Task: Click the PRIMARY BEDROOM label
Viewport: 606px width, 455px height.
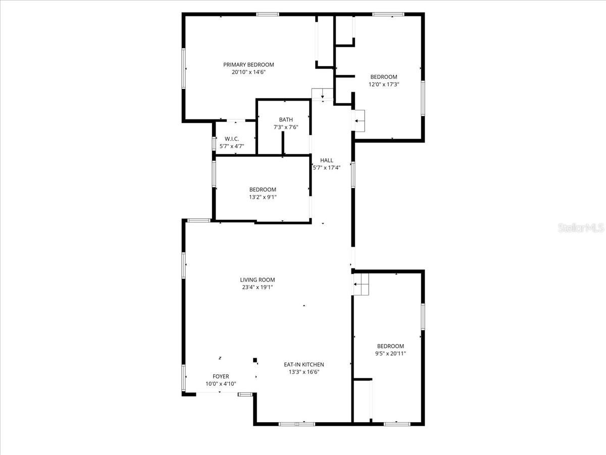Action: click(x=248, y=65)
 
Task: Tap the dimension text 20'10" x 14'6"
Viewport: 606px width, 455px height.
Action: click(x=248, y=72)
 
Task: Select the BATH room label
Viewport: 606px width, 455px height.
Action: click(x=286, y=120)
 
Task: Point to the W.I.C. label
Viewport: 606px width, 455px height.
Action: click(x=232, y=139)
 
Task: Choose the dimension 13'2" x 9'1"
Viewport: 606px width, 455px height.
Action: click(x=263, y=197)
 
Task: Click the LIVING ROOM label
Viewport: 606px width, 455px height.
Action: click(x=258, y=280)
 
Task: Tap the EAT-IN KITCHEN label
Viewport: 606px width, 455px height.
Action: click(x=304, y=365)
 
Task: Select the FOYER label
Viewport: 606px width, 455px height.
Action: click(x=221, y=377)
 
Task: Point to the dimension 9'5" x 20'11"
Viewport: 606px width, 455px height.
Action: click(x=390, y=354)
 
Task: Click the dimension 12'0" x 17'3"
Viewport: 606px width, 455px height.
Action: click(x=384, y=84)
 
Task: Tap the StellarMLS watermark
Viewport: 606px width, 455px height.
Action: click(x=580, y=229)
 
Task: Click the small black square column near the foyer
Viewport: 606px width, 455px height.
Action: click(x=255, y=360)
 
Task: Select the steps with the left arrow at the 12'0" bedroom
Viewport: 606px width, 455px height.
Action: click(x=359, y=121)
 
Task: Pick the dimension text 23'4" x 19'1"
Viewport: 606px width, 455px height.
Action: click(x=258, y=287)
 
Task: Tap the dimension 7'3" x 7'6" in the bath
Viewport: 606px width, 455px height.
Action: click(x=286, y=127)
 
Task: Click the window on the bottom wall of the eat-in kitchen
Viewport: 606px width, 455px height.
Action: click(x=297, y=424)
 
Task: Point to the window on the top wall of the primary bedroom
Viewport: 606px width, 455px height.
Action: click(x=268, y=14)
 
